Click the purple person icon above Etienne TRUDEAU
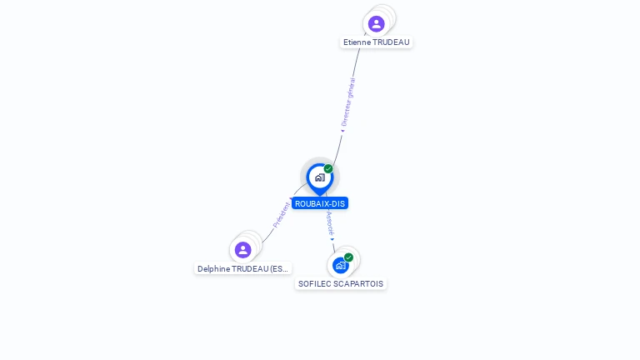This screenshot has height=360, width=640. [x=376, y=23]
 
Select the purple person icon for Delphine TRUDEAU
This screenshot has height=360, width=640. [x=242, y=250]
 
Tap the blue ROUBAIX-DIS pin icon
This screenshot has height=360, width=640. [x=319, y=177]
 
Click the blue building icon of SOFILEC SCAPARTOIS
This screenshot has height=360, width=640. [x=340, y=266]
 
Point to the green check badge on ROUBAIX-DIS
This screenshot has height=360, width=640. [x=328, y=169]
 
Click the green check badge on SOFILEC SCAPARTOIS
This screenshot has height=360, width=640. [x=348, y=257]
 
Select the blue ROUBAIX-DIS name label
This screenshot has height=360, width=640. [x=320, y=203]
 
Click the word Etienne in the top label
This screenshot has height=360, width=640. [x=357, y=42]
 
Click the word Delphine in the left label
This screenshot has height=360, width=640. [x=213, y=269]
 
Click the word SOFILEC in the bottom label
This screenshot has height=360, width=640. [x=314, y=284]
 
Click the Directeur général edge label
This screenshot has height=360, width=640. [x=348, y=101]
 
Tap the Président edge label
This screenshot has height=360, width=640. [x=282, y=215]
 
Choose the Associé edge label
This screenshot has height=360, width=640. [x=330, y=222]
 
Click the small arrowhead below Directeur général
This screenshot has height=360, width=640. [x=342, y=130]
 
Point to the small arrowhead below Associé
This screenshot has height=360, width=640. [x=332, y=239]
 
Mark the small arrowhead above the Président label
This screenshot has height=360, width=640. [x=292, y=200]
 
